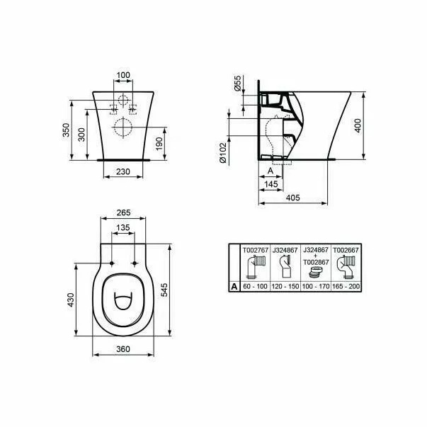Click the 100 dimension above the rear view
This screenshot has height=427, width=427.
click(x=123, y=74)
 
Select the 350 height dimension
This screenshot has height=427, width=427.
click(x=66, y=131)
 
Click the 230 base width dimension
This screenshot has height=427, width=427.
click(x=123, y=171)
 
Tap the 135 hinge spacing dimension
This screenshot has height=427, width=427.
click(x=123, y=227)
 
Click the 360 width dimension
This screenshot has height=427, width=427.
click(x=123, y=349)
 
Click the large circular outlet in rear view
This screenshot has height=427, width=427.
click(x=122, y=128)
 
